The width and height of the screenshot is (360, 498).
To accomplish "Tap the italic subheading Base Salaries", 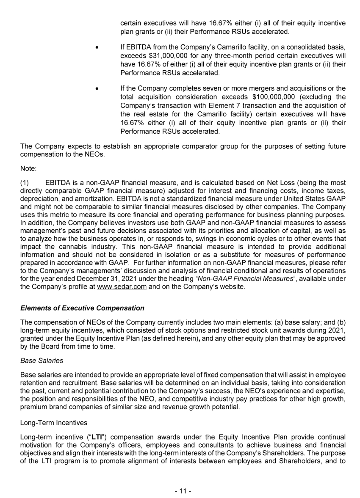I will (42, 360).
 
